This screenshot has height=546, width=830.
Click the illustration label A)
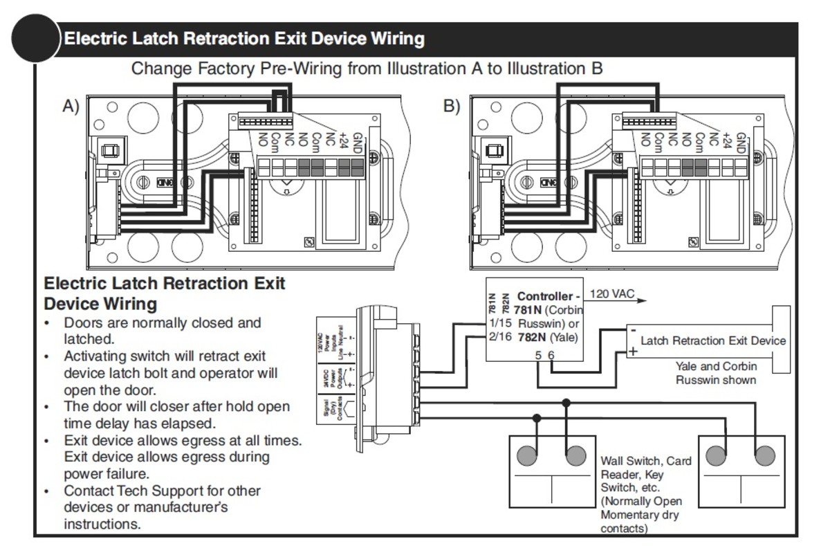[x=71, y=106]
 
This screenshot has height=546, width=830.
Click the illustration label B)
[x=451, y=106]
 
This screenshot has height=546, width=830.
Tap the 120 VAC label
[x=612, y=294]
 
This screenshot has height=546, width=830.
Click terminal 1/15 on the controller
[x=500, y=323]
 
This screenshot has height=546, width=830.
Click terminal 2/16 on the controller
[x=500, y=338]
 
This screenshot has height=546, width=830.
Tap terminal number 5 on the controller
[x=538, y=355]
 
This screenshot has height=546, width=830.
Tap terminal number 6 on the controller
[x=551, y=355]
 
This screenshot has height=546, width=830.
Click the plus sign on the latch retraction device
[x=632, y=351]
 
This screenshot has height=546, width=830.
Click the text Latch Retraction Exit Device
[x=712, y=340]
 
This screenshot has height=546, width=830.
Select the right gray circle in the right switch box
[x=764, y=456]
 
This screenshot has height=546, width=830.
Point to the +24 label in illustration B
[x=726, y=141]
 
